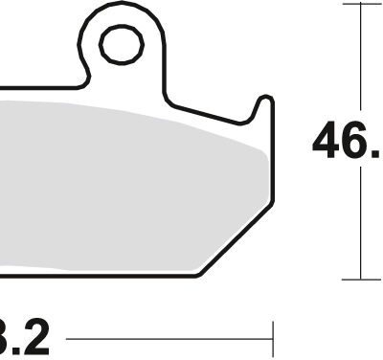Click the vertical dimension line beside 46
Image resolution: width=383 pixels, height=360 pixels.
click(360, 77)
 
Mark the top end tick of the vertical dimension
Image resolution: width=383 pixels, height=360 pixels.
click(360, 4)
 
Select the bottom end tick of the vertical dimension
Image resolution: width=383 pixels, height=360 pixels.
click(360, 280)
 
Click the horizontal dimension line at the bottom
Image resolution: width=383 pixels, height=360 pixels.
click(172, 340)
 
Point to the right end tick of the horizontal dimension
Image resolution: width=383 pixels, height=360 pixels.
click(274, 340)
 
